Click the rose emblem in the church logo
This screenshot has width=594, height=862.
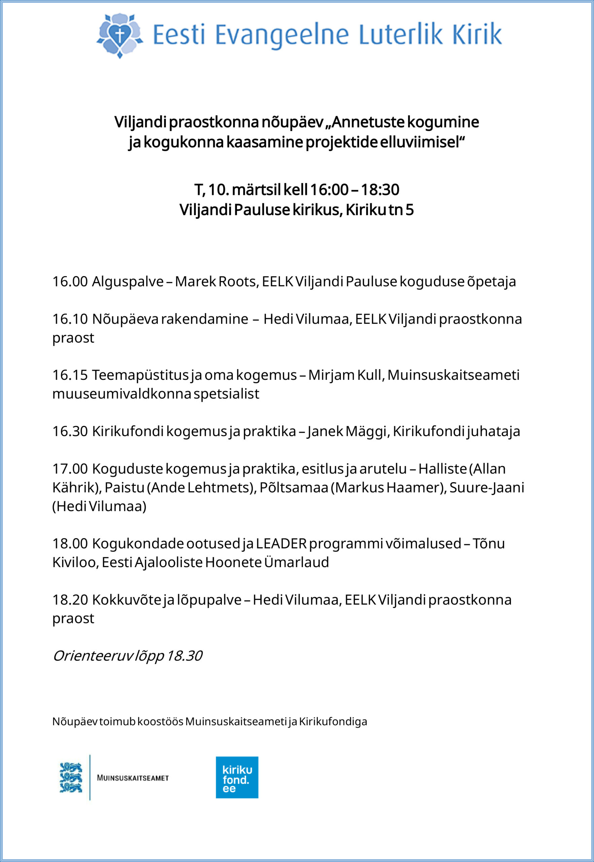119,35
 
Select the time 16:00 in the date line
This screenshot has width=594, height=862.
329,190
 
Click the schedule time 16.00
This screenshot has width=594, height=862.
70,281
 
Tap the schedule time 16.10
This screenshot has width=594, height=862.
70,319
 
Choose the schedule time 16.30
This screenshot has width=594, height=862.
70,431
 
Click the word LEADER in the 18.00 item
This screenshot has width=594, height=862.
281,544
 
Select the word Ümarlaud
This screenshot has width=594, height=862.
296,563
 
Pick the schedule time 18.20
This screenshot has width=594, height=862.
70,600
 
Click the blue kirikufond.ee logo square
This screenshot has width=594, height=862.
237,777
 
